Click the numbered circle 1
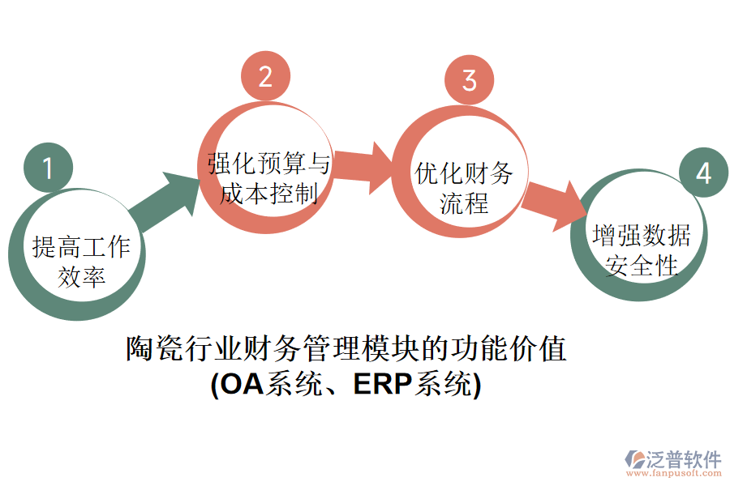tap(48, 168)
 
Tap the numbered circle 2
tap(265, 76)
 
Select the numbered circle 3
tap(469, 80)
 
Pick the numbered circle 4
tap(702, 173)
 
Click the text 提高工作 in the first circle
tap(81, 247)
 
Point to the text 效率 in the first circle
tap(81, 277)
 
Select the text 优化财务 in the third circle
tap(464, 173)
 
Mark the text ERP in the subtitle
tap(382, 384)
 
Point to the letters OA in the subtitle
tap(243, 384)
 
